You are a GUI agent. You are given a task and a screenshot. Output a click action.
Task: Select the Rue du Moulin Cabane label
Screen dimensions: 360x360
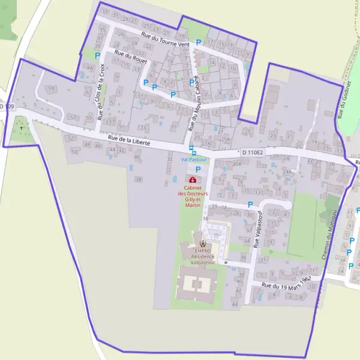tap(195, 103)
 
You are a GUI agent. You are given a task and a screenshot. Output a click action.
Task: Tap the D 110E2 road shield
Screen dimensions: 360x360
tap(253, 153)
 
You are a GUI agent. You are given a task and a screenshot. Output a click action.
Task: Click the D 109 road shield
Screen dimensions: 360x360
tap(5, 107)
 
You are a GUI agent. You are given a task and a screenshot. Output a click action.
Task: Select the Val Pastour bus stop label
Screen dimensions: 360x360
tap(194, 160)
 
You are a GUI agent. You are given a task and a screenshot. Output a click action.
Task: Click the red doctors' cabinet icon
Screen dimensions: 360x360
tap(193, 180)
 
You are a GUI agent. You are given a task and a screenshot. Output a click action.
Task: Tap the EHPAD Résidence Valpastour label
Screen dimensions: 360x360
tap(203, 255)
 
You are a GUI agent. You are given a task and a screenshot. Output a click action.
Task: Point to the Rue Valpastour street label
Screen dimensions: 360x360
tap(259, 230)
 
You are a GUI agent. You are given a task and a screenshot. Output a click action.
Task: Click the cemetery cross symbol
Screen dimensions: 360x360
tap(22, 128)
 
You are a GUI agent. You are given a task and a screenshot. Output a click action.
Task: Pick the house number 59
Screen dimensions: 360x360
tap(51, 89)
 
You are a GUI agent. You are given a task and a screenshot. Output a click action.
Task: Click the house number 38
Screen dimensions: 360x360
tap(139, 179)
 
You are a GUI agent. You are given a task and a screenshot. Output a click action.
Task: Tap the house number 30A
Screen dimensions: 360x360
tap(237, 163)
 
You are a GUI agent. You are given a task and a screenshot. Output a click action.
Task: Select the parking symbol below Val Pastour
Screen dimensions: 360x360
tap(198, 170)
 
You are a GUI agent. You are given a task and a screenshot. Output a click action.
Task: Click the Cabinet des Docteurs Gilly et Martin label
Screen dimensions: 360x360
tap(193, 196)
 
